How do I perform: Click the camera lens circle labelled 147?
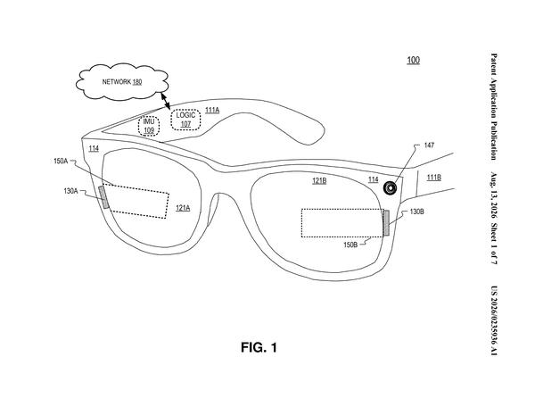(x=391, y=187)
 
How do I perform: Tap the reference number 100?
(x=413, y=60)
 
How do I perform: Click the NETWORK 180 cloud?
(x=122, y=81)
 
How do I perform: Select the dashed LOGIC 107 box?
(x=185, y=120)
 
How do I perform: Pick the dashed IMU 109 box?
(x=149, y=126)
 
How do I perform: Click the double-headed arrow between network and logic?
(x=166, y=101)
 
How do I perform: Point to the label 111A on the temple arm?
(x=212, y=110)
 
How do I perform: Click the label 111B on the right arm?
(x=434, y=178)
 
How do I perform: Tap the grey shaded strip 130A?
(x=104, y=197)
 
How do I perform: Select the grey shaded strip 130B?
(x=386, y=223)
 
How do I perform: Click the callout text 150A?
(x=61, y=161)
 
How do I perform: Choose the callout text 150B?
(x=350, y=245)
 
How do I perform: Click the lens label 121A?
(x=183, y=208)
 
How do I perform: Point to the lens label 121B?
(x=319, y=180)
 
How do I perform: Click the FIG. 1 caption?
(x=259, y=347)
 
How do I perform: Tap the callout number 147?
(x=429, y=145)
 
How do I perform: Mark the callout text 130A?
(x=70, y=191)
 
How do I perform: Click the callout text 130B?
(x=417, y=212)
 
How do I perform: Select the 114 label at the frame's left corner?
(x=94, y=148)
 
